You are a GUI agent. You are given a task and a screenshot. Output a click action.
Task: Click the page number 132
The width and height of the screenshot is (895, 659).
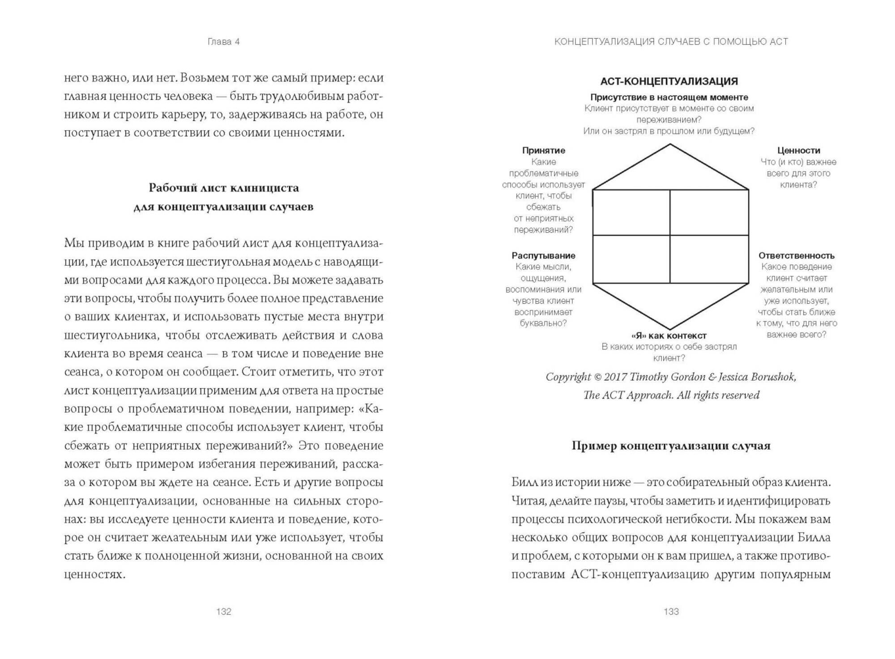[x=223, y=612]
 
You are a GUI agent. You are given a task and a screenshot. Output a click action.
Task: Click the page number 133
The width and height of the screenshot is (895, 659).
[x=671, y=612]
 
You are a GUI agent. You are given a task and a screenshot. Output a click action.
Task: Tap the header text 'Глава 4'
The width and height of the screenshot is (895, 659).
[x=223, y=42]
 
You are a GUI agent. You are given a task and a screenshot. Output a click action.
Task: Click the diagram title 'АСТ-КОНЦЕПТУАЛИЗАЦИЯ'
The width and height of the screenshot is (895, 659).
[x=669, y=81]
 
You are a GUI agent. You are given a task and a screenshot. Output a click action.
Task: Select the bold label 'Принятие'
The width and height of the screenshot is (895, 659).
[x=543, y=150]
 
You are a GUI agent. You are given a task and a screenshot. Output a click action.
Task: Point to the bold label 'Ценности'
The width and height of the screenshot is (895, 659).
[x=798, y=150]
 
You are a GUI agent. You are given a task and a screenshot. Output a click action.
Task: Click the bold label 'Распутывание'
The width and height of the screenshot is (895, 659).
[x=543, y=255]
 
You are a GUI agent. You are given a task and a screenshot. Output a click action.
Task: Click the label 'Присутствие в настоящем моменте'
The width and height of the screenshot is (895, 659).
[x=669, y=97]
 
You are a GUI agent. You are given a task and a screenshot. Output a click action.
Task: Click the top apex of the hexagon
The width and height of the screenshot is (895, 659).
[x=670, y=145]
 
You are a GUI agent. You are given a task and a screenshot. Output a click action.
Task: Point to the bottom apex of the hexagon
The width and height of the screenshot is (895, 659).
[x=670, y=329]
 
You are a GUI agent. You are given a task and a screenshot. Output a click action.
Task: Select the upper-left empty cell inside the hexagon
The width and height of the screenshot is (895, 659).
[x=631, y=213]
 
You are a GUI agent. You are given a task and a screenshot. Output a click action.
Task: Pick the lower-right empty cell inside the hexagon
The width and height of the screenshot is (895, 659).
[x=709, y=259]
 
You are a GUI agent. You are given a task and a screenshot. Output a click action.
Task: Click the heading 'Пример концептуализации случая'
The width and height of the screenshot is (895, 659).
[x=671, y=446]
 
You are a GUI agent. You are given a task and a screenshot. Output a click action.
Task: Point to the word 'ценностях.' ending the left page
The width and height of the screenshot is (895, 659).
[x=94, y=574]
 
